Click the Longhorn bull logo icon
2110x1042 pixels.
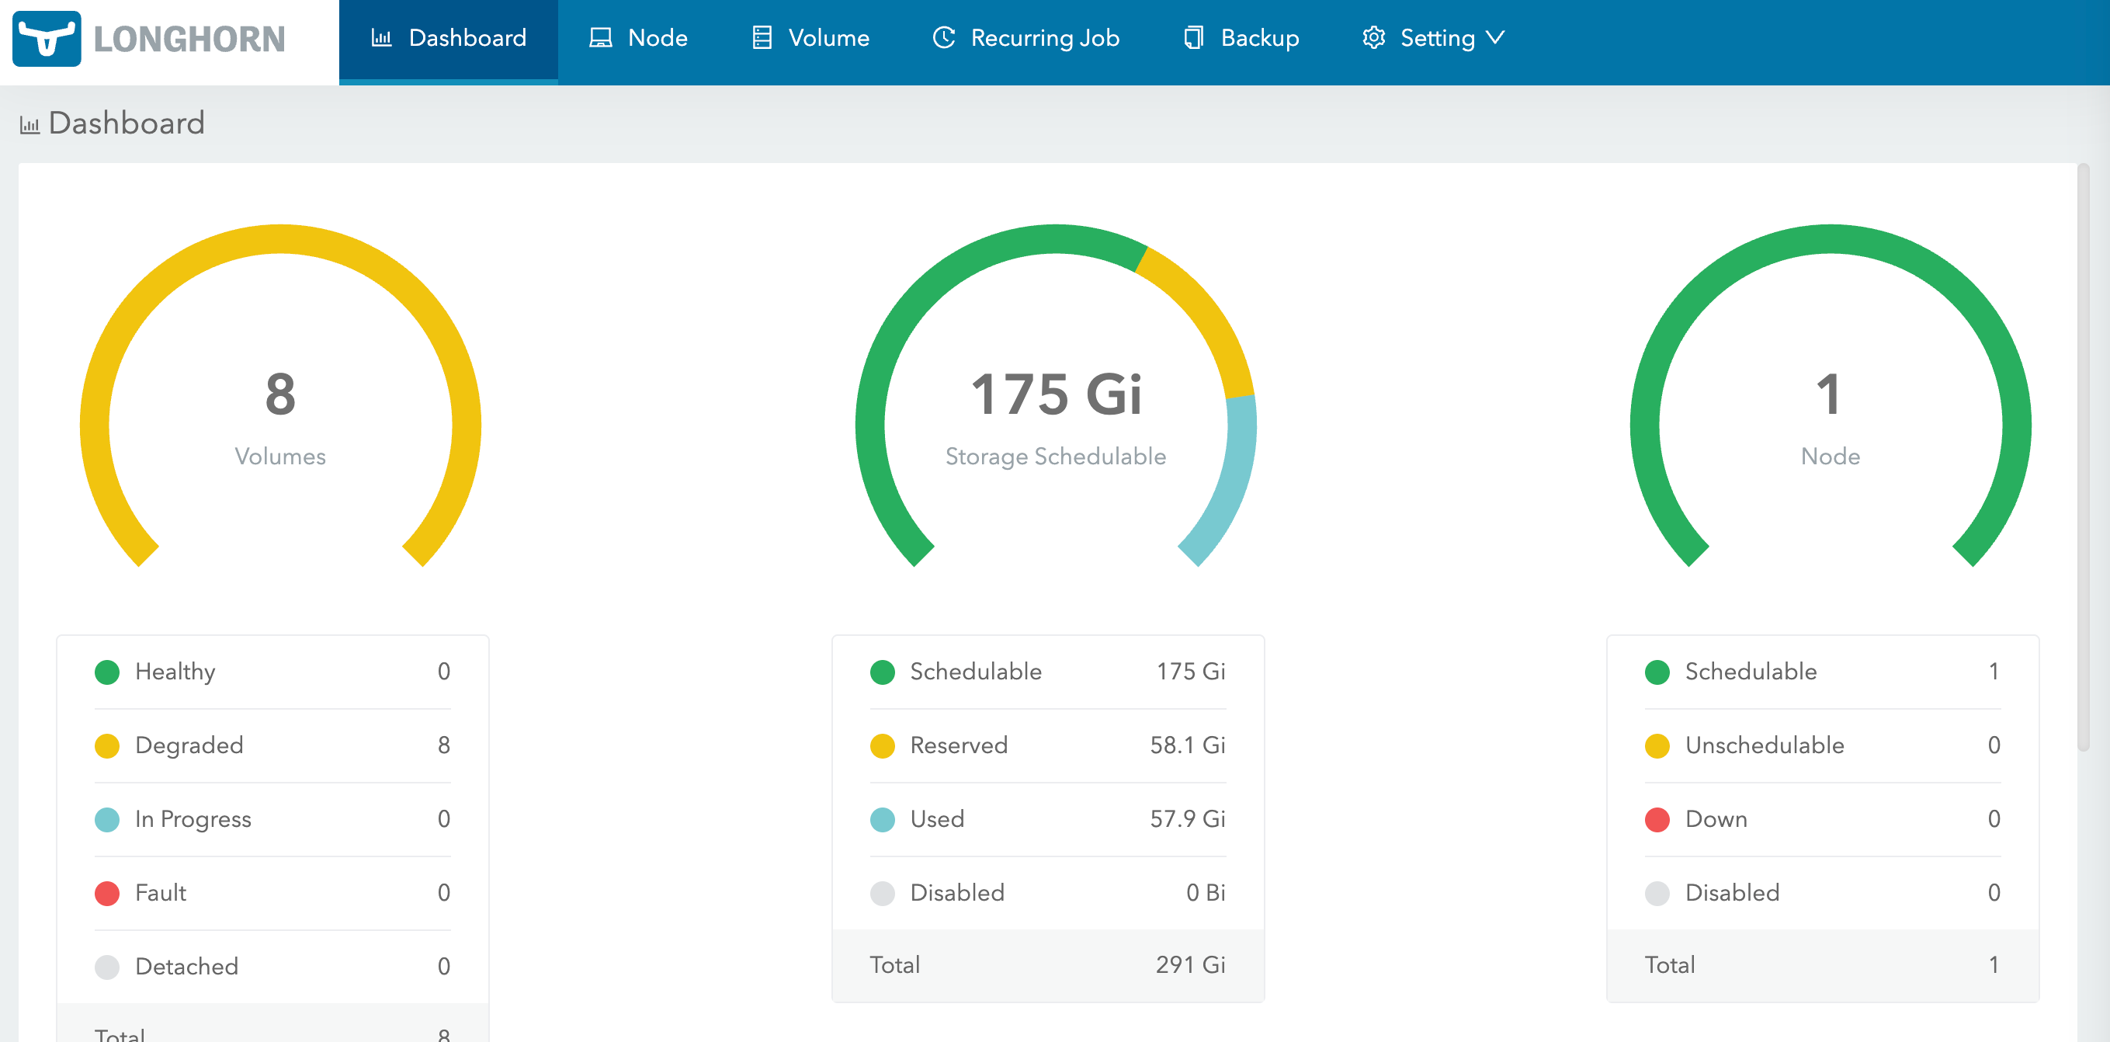pos(47,39)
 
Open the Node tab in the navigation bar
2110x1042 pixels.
pos(639,39)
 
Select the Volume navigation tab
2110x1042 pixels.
pos(811,39)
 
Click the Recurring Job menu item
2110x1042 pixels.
pos(1026,39)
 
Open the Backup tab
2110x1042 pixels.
pos(1242,39)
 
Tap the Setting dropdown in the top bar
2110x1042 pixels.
pos(1433,39)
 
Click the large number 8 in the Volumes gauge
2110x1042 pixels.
pos(280,394)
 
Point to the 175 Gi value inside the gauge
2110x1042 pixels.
pos(1056,394)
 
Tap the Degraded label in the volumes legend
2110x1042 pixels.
pos(189,745)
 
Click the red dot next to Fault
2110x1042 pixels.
pos(107,893)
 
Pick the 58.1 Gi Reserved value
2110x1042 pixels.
pos(1187,745)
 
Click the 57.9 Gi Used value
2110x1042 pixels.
pos(1187,819)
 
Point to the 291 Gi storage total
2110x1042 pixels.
pos(1190,965)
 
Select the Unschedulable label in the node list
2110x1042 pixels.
pos(1765,745)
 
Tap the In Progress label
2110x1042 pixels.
pos(193,819)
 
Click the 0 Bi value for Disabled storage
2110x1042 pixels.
pos(1205,893)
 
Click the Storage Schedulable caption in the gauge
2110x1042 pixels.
pos(1056,457)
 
